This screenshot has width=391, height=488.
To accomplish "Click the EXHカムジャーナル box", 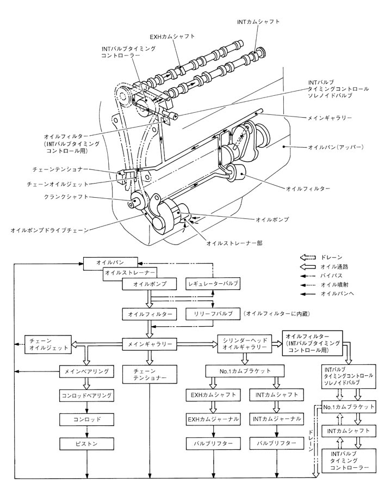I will coord(213,419).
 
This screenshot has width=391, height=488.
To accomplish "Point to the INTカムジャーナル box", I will coord(276,419).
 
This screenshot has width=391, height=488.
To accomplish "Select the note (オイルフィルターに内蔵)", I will coord(281,314).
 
